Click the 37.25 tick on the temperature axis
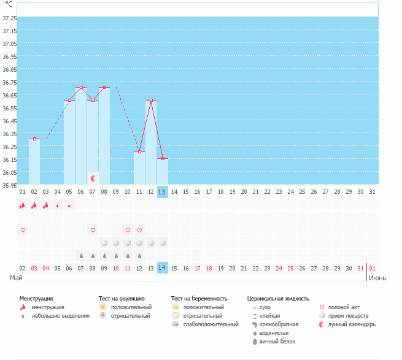tap(9, 18)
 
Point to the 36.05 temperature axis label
tap(9, 172)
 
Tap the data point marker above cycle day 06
tap(81, 87)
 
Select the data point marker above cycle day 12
tap(151, 101)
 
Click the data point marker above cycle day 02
tap(34, 139)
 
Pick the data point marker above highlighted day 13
tap(163, 159)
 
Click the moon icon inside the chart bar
tap(93, 178)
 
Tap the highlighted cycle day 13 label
tap(162, 192)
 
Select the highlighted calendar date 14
tap(162, 268)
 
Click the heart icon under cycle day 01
tap(23, 230)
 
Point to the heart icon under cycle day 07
tap(93, 230)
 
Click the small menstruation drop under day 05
tap(69, 205)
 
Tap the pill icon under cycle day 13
tap(163, 243)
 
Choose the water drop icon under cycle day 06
tap(81, 256)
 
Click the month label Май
tap(16, 278)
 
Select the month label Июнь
tap(377, 278)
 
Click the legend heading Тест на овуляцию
tap(122, 299)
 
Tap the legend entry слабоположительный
tap(211, 324)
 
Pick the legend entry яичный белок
tap(277, 342)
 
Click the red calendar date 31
tap(360, 268)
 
